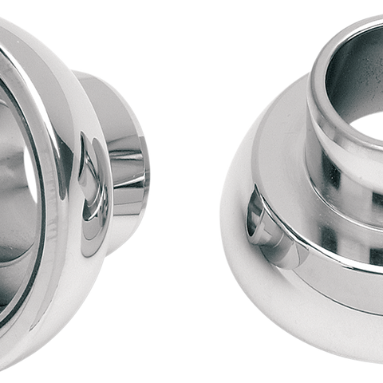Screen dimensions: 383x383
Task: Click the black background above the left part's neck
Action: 120,32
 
